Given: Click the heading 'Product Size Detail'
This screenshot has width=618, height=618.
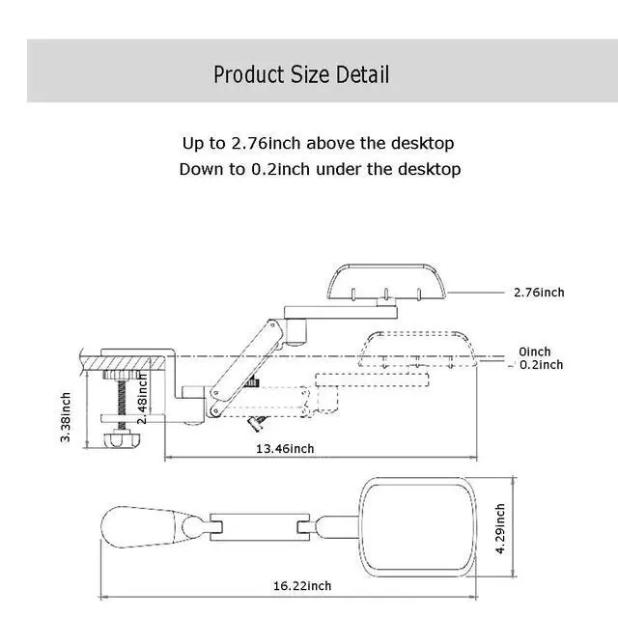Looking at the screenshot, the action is tap(301, 74).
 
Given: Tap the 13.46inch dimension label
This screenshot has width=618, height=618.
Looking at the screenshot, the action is tap(285, 448).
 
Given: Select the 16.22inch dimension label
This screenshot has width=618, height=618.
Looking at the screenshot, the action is tap(302, 586).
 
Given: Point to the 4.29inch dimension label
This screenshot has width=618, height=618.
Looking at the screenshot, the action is tap(500, 528).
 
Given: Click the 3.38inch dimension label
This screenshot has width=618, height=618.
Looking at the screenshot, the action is tap(66, 417).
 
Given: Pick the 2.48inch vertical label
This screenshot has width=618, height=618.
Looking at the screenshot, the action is tap(142, 399).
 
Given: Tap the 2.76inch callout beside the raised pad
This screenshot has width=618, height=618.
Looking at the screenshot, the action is tap(539, 293).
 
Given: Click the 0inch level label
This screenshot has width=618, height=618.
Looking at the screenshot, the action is tap(535, 351).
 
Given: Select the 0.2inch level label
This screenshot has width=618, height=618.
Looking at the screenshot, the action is tap(541, 365).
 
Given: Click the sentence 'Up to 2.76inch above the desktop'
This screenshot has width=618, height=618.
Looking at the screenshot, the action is tap(318, 143).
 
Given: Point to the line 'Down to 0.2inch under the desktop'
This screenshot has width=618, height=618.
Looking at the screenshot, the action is tap(320, 169).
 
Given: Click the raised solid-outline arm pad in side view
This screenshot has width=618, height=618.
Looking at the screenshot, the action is tap(386, 282).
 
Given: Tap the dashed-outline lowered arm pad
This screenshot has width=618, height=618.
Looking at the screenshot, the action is tap(417, 350).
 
